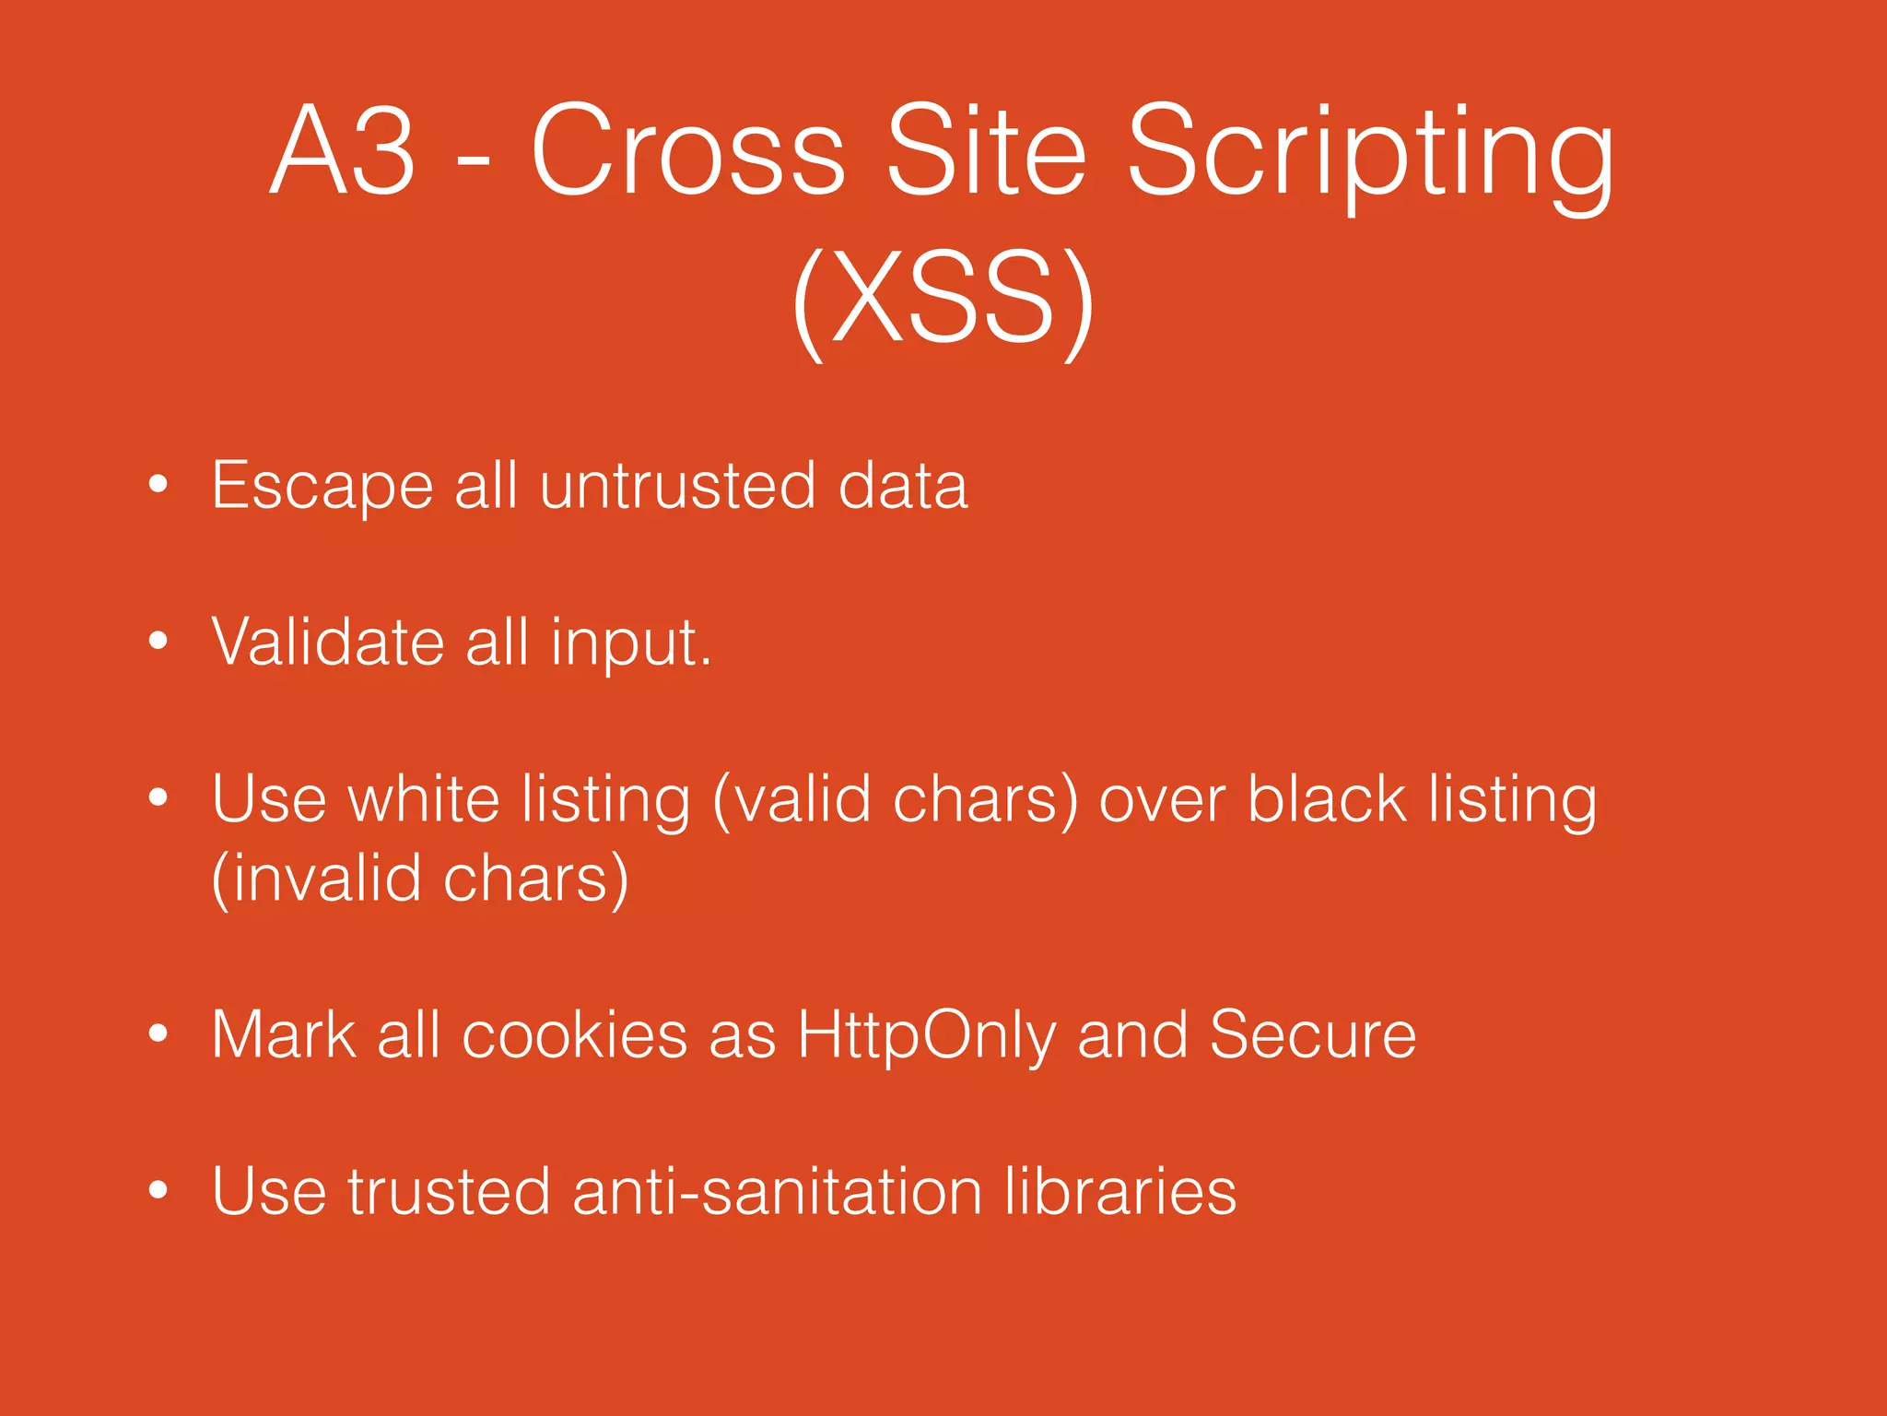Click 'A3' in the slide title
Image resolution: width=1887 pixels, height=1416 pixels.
point(343,150)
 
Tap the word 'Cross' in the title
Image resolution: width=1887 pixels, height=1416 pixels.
point(688,150)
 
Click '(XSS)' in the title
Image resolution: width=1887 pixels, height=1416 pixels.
point(943,300)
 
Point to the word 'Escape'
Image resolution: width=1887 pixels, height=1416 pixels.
point(322,487)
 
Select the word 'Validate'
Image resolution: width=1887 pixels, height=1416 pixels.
point(328,642)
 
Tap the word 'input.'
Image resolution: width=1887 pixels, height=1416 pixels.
point(631,645)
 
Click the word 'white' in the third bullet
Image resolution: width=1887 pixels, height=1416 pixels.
point(424,798)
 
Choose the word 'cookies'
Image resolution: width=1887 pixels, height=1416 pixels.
point(574,1034)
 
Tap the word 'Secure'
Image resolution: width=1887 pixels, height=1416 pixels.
point(1312,1034)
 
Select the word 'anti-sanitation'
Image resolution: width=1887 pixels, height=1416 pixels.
point(778,1191)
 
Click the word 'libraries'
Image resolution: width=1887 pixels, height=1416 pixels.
point(1120,1191)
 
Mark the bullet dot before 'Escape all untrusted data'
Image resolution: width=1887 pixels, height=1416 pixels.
point(158,484)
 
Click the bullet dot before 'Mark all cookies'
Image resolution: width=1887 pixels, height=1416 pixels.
point(158,1033)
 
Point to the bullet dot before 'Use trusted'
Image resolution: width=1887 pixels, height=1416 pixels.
point(158,1190)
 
